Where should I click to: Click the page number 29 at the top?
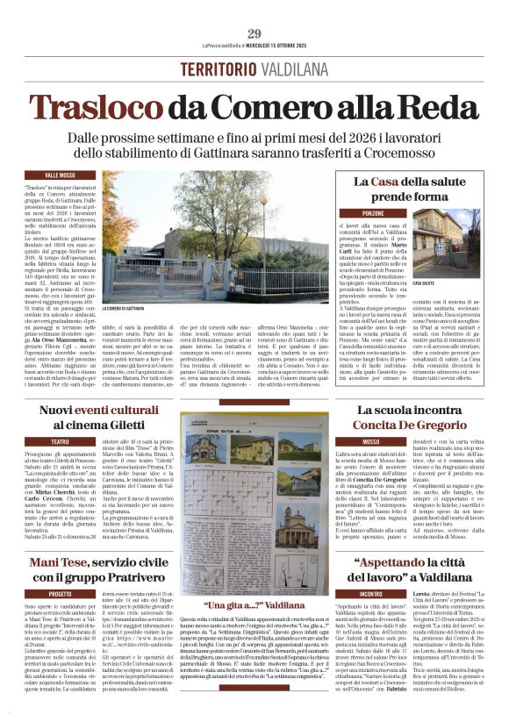(254, 33)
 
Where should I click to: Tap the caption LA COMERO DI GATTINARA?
(122, 308)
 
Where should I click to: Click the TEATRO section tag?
(61, 441)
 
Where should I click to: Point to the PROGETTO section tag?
(61, 594)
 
